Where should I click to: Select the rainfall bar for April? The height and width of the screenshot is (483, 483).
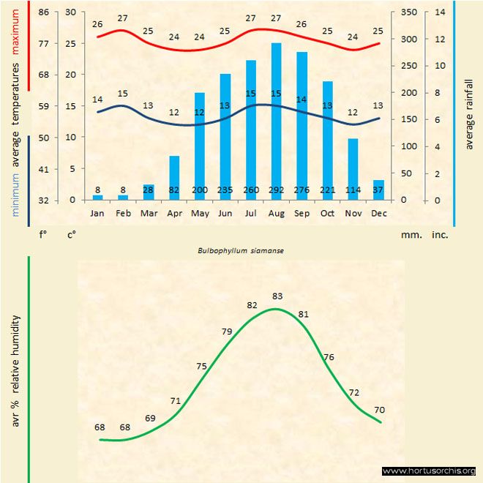tap(174, 176)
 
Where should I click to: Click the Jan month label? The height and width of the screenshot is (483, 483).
tap(97, 213)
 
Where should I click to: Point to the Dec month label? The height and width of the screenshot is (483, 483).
tap(378, 213)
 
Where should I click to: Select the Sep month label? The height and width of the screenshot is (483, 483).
tap(302, 213)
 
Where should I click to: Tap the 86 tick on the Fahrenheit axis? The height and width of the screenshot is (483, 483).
tap(44, 12)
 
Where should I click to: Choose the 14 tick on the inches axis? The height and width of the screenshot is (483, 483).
tap(440, 12)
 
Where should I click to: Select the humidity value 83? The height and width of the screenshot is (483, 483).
tap(277, 296)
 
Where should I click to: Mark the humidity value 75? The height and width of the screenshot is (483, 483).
tap(201, 366)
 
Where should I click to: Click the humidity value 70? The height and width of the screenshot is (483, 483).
tap(379, 409)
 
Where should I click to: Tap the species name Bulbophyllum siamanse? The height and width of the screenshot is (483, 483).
tap(241, 250)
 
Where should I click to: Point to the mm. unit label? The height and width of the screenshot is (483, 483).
tap(410, 236)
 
